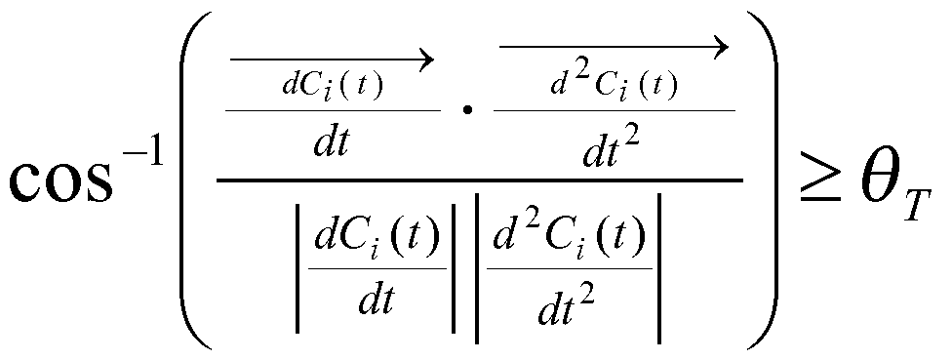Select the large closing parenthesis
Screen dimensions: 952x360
click(762, 180)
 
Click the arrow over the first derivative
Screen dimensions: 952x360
click(332, 60)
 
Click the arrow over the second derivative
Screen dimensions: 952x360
click(615, 45)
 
